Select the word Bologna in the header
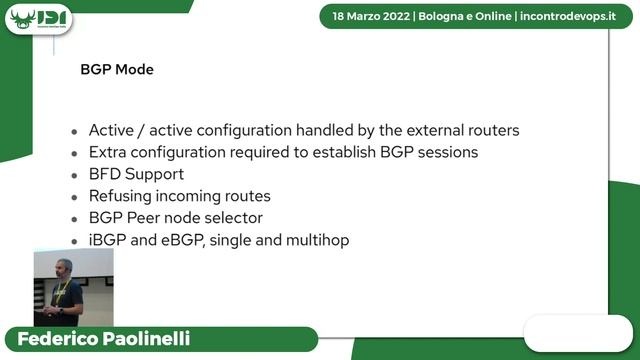448,17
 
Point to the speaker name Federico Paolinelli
105,338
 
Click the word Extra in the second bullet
109,153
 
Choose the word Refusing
123,196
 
